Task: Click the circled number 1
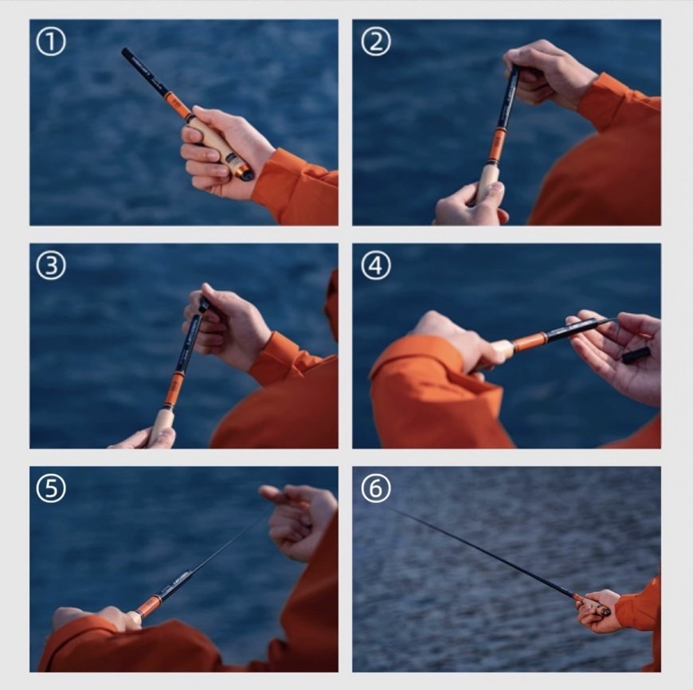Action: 50,42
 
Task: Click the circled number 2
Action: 376,42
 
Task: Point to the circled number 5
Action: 50,488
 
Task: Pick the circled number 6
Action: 376,488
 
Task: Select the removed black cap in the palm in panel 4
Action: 636,355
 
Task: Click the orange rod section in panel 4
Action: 530,341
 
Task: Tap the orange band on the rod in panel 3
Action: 174,390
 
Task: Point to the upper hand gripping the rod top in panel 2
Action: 548,73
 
